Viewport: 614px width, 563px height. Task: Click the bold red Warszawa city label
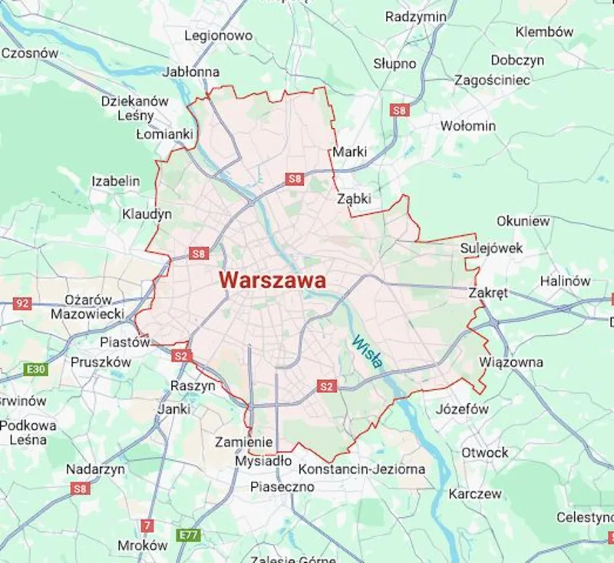(x=272, y=280)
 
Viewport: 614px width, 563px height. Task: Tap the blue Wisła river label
(x=367, y=352)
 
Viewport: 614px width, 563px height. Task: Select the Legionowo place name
(x=218, y=35)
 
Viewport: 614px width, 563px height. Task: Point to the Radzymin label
(x=416, y=17)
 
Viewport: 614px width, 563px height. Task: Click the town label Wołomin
(x=467, y=125)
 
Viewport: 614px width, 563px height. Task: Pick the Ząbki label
(x=354, y=199)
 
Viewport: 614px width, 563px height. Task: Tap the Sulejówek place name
(x=491, y=248)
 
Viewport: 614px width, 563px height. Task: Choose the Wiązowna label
(x=510, y=362)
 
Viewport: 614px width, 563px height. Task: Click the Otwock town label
(x=484, y=452)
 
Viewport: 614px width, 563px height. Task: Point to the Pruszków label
(x=101, y=362)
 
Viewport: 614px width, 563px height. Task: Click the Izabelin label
(x=116, y=181)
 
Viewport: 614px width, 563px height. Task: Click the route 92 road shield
(x=22, y=303)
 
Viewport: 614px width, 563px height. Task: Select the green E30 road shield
(x=35, y=369)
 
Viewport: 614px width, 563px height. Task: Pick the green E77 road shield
(x=188, y=534)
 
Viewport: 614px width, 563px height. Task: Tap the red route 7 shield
(x=147, y=526)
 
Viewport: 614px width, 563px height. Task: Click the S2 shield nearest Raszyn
(x=180, y=356)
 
